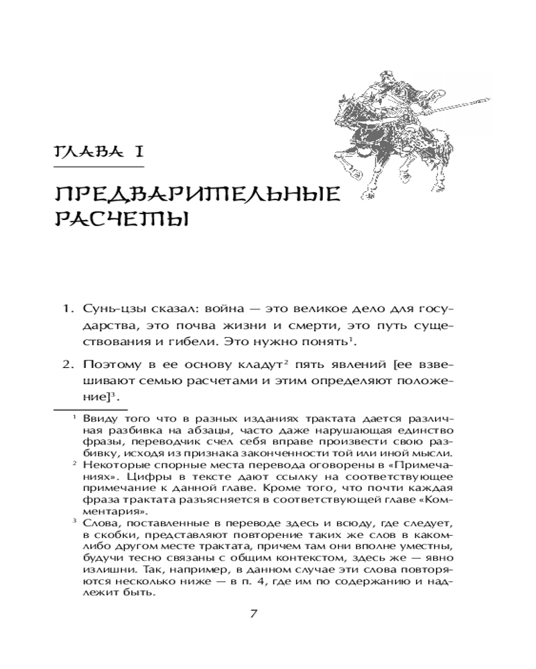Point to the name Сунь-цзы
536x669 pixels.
click(110, 310)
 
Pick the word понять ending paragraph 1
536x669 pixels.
click(328, 343)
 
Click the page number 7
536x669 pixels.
click(253, 615)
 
